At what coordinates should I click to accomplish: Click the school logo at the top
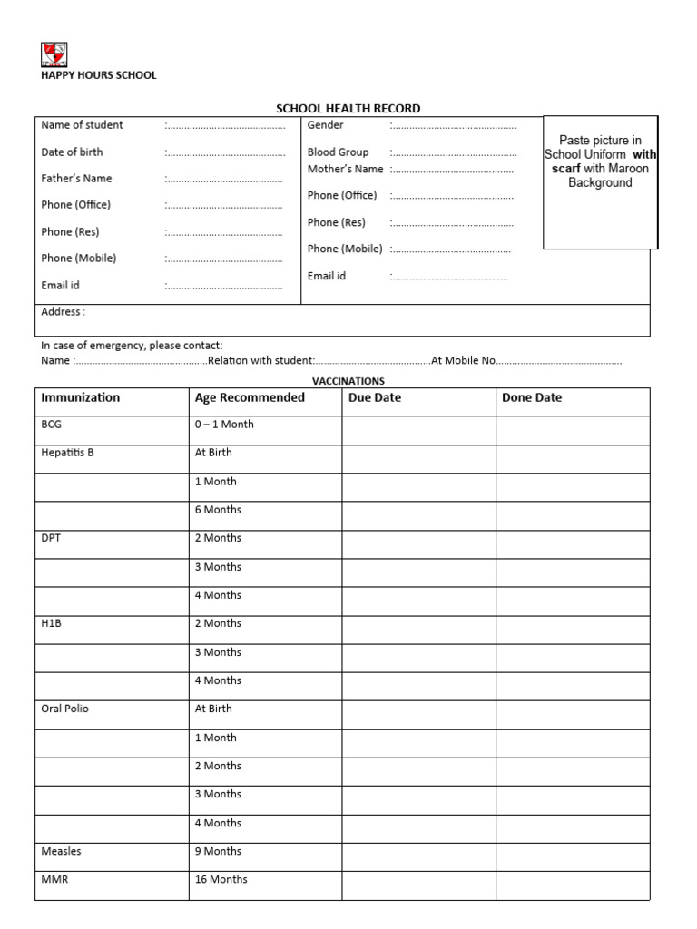click(x=54, y=55)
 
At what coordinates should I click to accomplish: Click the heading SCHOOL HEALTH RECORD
click(x=348, y=109)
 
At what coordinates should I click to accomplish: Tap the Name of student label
click(x=82, y=125)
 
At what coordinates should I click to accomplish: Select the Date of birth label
click(x=72, y=152)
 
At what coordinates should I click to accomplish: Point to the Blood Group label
click(x=338, y=152)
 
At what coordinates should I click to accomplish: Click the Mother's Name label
click(x=345, y=169)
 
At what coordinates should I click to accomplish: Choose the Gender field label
click(x=325, y=125)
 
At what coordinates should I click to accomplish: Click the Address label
click(x=63, y=312)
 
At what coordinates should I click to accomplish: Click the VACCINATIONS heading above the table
click(x=348, y=381)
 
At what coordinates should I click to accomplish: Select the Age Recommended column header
click(x=250, y=398)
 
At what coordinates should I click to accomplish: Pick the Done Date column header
click(x=532, y=398)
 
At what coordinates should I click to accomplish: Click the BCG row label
click(x=52, y=425)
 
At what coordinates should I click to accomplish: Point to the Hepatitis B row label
click(x=67, y=453)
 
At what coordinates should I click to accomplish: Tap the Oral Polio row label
click(x=64, y=709)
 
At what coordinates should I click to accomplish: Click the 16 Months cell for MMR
click(x=221, y=879)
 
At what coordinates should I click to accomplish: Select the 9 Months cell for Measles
click(x=218, y=851)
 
